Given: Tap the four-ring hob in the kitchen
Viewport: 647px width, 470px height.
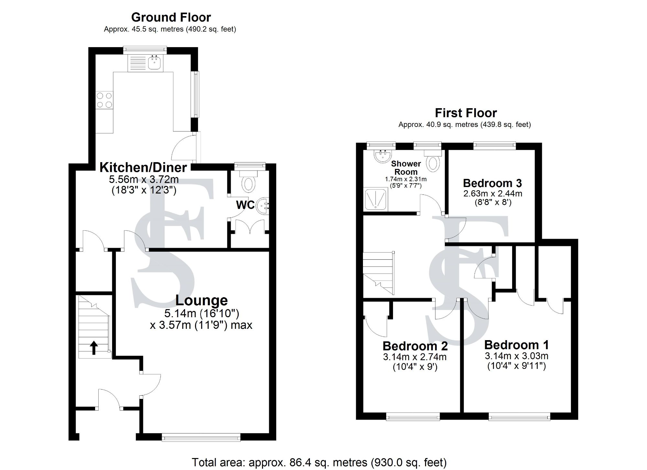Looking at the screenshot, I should point(104,100).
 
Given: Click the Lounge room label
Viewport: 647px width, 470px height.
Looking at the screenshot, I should point(202,300).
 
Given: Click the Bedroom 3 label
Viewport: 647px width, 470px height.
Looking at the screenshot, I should point(492,183).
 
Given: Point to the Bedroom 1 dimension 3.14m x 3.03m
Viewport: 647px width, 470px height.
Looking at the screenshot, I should point(516,356).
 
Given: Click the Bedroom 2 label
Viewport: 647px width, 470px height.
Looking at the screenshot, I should point(415,346).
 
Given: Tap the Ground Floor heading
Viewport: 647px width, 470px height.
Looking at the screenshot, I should point(171,17).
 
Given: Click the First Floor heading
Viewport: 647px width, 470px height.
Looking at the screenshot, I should point(466,113).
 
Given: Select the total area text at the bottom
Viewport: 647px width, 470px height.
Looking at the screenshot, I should point(319,462).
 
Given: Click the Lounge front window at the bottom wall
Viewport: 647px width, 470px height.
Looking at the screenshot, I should point(201,438).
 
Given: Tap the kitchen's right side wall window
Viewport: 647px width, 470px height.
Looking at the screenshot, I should point(196,94).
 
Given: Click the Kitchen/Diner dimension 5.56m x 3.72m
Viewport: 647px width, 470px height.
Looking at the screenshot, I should point(144,179).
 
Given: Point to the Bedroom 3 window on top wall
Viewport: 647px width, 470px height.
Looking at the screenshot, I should point(494,146).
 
